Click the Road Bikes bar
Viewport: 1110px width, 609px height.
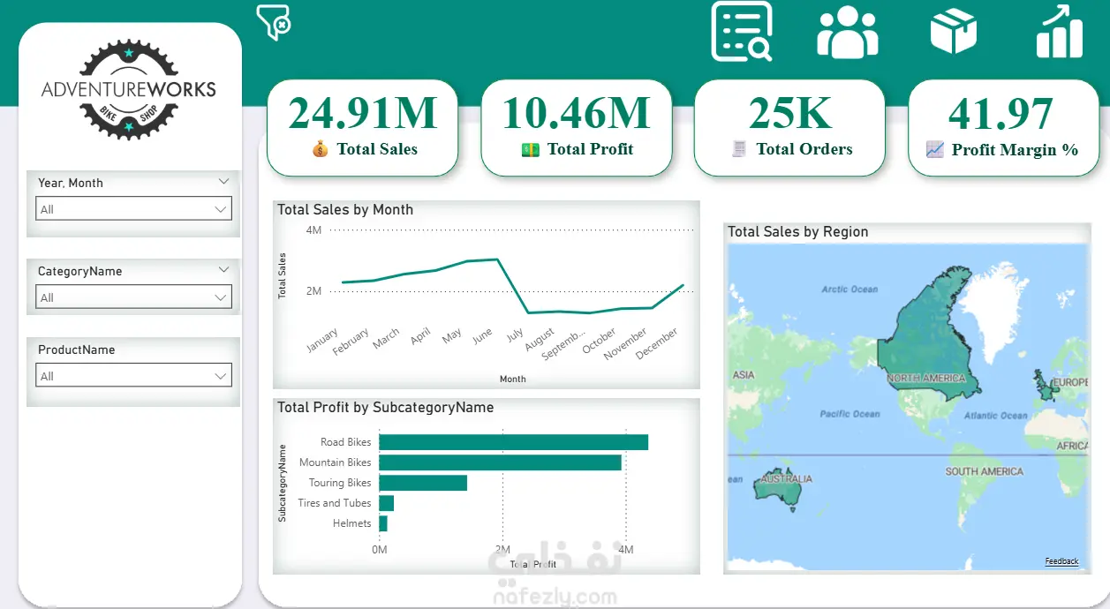tap(513, 442)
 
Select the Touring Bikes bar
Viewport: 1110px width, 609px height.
tap(422, 483)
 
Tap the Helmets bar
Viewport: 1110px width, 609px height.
tap(383, 523)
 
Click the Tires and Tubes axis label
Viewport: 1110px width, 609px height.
tap(334, 503)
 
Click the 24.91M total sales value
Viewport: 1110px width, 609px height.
tap(363, 113)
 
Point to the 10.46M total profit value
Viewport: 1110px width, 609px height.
tap(576, 113)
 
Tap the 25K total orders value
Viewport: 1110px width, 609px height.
tap(790, 113)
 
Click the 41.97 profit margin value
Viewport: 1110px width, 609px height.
tap(1001, 114)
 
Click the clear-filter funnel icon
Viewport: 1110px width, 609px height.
tap(274, 22)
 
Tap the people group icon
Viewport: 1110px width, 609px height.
tap(848, 33)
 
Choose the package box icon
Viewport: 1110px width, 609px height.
tap(954, 32)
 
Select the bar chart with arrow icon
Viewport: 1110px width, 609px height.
tap(1059, 33)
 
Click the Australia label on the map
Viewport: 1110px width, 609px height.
tap(786, 479)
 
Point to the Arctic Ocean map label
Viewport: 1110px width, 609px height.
tap(849, 289)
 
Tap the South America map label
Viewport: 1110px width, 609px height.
tap(984, 471)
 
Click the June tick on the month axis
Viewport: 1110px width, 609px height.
tap(483, 336)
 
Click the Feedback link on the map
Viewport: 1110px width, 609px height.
tap(1061, 561)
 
